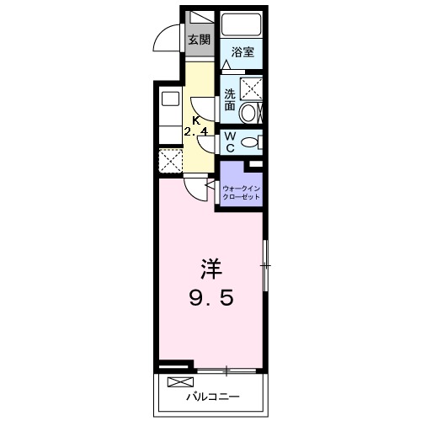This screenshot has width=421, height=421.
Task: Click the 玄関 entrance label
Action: (x=199, y=40)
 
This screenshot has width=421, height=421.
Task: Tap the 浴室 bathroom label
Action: (x=242, y=52)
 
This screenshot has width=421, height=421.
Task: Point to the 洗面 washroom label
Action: (x=230, y=100)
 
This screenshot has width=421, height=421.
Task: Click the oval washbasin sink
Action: (x=251, y=112)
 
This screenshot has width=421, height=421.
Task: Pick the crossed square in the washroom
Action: (x=251, y=87)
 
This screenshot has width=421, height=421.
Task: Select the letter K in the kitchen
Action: (x=196, y=120)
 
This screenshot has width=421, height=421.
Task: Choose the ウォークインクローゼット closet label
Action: (x=242, y=192)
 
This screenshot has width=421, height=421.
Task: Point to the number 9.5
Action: (x=210, y=297)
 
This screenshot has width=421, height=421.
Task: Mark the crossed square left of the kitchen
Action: (x=170, y=160)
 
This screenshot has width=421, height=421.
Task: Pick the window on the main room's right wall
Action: (x=265, y=266)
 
